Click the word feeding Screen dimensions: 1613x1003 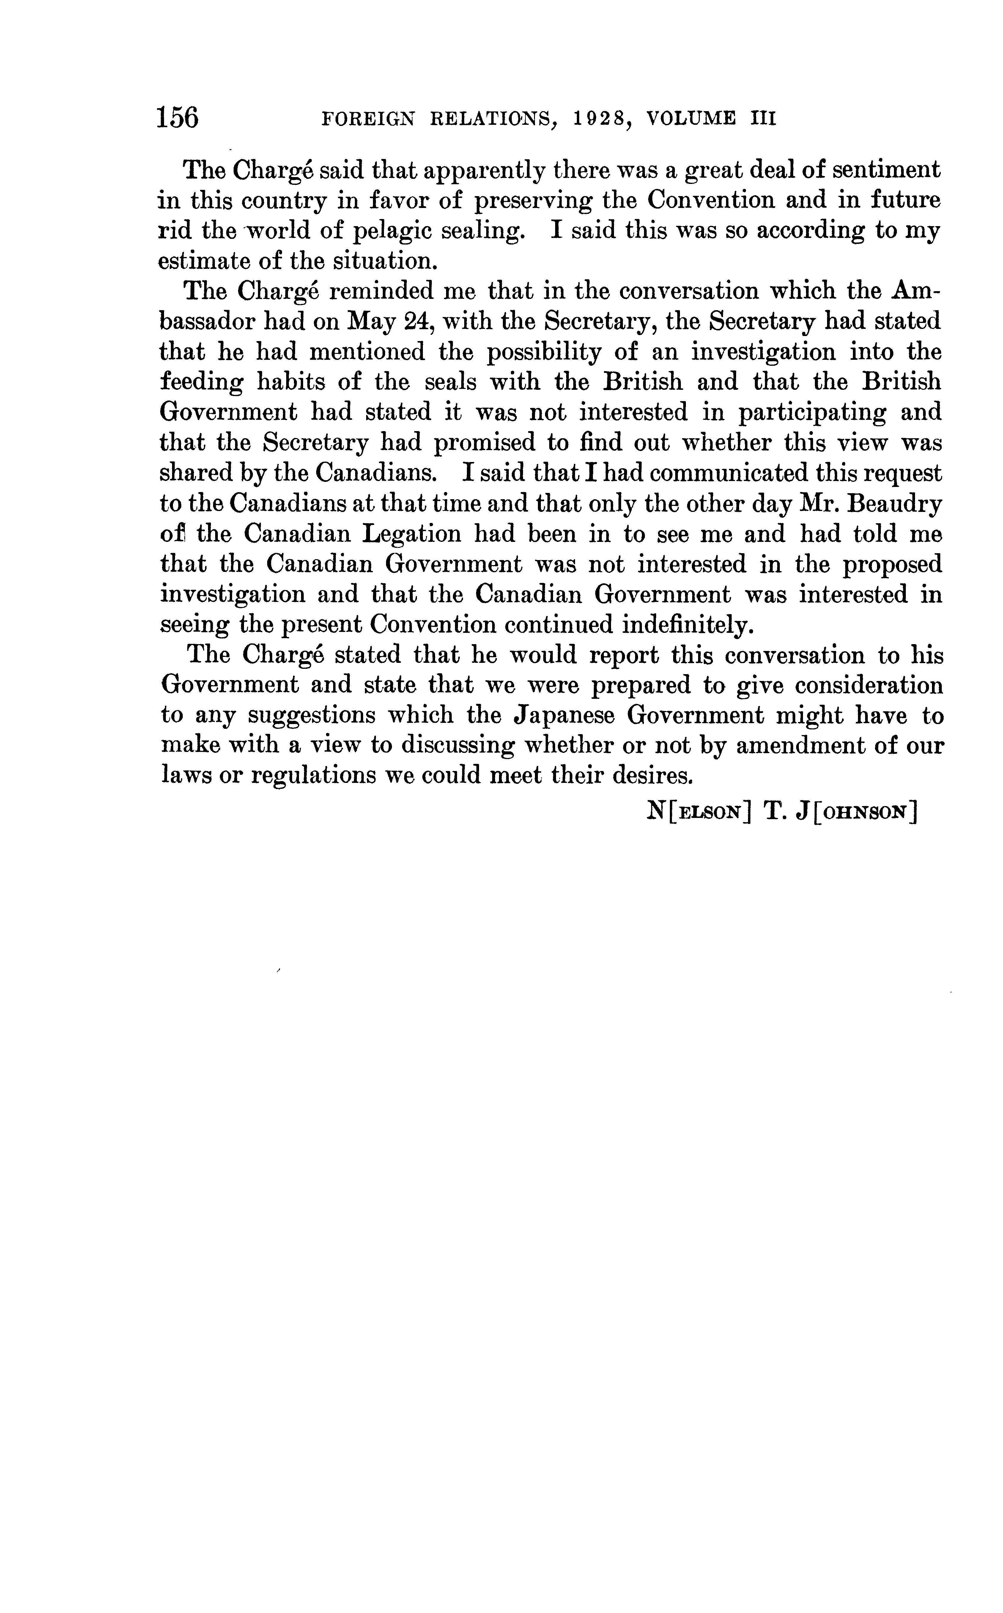click(x=202, y=383)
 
